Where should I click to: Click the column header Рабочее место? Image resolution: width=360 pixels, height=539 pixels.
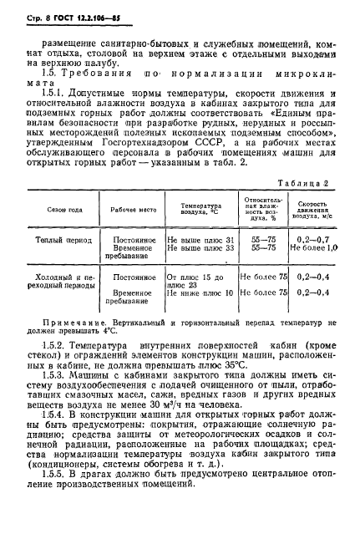point(134,208)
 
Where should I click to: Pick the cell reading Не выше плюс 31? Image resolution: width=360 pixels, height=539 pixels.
point(200,239)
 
